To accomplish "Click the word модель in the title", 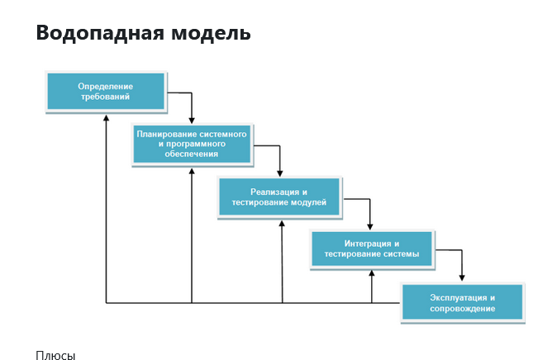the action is [211, 33].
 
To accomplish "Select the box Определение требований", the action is [106, 92].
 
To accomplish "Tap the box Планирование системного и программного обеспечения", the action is [193, 144].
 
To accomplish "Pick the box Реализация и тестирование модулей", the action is [279, 197].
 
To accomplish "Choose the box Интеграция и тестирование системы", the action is [372, 249].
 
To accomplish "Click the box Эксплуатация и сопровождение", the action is [463, 303].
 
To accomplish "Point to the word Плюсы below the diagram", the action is [55, 355].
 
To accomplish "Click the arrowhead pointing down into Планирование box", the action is [192, 121].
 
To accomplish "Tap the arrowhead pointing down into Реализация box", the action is [280, 173].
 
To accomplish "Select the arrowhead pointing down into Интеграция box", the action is [370, 227].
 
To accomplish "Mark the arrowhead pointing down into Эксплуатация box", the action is [462, 277].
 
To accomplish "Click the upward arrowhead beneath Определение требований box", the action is [106, 118].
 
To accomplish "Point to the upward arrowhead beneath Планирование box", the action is [192, 171].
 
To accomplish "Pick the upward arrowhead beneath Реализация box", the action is [282, 224].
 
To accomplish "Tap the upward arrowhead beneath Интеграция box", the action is [372, 273].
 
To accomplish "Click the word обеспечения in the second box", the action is [192, 154].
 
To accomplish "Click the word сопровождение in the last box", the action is [462, 308].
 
